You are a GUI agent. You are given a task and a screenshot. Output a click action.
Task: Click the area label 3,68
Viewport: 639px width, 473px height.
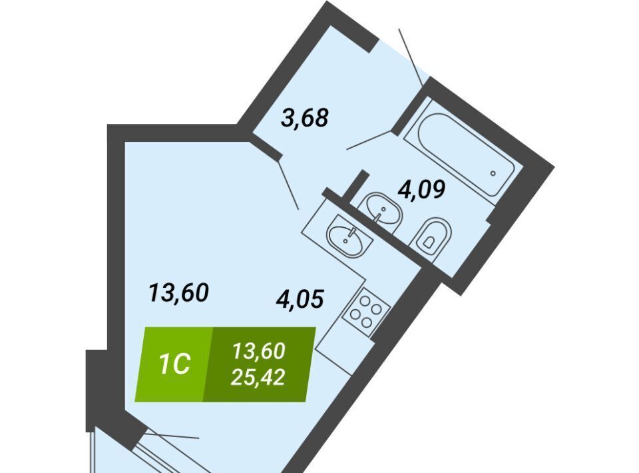305,117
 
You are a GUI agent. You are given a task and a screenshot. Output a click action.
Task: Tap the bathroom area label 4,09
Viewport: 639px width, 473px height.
421,189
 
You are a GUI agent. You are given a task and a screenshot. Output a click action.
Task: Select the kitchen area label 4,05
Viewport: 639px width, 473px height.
300,298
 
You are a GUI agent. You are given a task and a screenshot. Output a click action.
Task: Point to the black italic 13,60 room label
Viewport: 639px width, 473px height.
179,292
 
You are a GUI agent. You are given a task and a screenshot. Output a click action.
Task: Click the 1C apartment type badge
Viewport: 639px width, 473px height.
174,364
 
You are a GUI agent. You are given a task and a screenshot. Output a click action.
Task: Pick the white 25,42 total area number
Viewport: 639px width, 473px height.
258,378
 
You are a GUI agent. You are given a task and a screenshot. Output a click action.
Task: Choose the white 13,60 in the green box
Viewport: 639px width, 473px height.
258,351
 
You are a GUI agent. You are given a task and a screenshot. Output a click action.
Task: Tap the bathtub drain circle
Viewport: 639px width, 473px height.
493,173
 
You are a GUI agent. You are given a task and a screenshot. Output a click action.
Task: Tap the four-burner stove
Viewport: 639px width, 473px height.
366,312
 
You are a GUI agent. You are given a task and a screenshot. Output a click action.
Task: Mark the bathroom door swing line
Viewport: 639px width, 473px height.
369,140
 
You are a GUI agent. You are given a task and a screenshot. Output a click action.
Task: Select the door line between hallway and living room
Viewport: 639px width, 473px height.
288,183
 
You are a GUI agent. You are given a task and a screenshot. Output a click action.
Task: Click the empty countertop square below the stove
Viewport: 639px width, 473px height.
344,354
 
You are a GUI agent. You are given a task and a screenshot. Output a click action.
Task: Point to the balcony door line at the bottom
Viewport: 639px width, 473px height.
171,436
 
